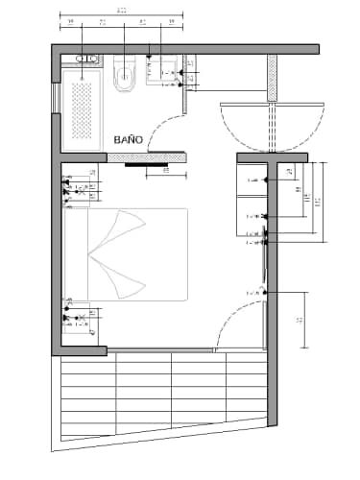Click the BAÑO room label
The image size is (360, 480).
click(128, 139)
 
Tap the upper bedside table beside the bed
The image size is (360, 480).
click(79, 186)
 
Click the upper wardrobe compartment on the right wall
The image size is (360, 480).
click(253, 180)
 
